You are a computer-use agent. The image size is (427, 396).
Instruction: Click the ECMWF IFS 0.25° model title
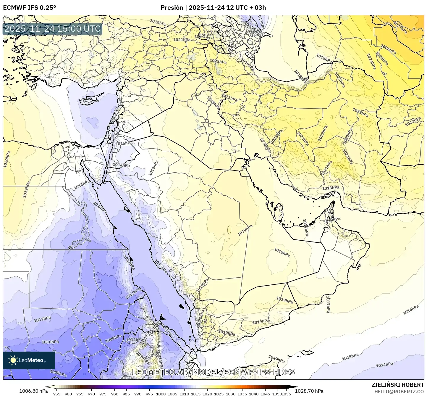pos(29,7)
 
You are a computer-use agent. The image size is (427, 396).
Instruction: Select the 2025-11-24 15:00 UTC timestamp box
pos(53,29)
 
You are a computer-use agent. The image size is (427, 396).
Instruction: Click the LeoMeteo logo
pos(29,360)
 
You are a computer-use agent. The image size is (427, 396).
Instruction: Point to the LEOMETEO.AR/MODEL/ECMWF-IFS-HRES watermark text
pos(213,372)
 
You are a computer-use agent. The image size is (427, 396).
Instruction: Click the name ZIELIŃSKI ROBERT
pos(398,385)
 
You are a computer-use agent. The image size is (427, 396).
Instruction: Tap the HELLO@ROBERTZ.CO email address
pos(399,391)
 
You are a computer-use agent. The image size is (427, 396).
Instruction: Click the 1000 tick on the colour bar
pos(161,394)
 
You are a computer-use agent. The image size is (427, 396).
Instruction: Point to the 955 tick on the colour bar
pos(57,394)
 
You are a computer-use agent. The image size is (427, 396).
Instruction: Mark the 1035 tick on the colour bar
pos(242,394)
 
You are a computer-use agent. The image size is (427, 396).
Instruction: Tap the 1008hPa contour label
pos(58,373)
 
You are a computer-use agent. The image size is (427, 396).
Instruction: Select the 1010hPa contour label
pos(50,342)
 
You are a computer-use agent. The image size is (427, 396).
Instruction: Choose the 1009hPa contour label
pos(114,338)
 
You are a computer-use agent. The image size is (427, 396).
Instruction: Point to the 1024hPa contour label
pos(371,61)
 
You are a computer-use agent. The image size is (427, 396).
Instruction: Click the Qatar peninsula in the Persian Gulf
pos(278,211)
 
